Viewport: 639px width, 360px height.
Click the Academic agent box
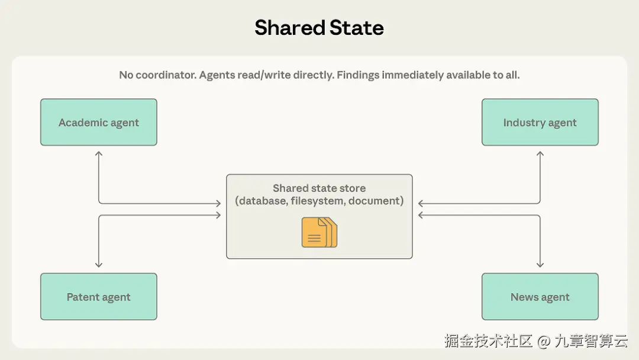98,123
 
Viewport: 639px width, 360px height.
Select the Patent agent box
98,297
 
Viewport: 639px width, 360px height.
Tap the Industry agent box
540,123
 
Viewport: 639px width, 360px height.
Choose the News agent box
540,297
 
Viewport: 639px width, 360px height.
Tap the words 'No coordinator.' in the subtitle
157,75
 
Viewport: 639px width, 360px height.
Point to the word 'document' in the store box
375,201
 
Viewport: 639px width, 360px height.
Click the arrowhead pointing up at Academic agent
99,153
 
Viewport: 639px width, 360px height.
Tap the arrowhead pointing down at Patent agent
99,265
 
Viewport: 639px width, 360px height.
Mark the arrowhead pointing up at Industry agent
540,153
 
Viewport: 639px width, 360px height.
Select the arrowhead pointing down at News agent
540,265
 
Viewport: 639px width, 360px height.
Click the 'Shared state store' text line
319,188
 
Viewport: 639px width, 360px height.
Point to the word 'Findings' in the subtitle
358,75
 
